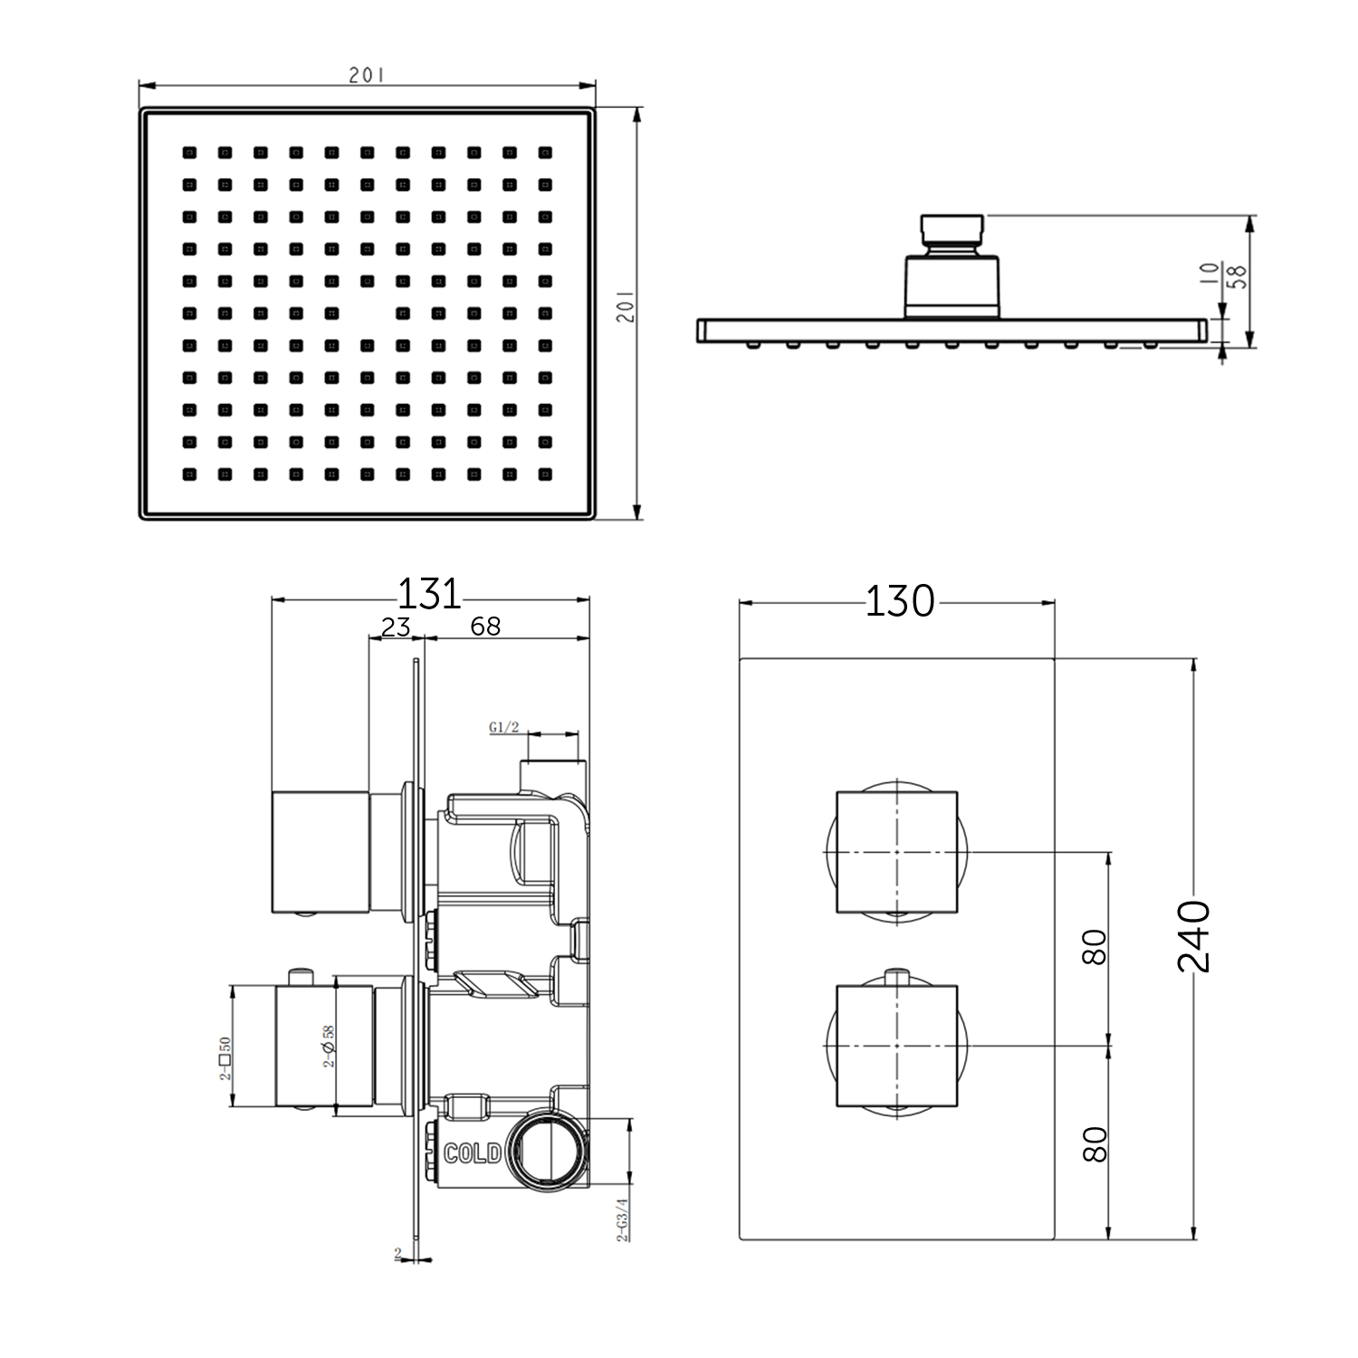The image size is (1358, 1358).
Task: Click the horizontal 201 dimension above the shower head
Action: click(x=367, y=75)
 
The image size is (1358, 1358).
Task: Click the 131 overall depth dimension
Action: click(x=429, y=595)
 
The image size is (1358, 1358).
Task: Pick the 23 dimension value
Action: click(x=396, y=626)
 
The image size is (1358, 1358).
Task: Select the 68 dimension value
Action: click(x=485, y=626)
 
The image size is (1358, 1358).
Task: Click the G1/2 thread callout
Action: click(x=503, y=727)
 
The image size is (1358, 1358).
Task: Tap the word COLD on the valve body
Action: click(x=472, y=1152)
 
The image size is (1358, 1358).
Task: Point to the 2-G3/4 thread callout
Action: click(x=622, y=1219)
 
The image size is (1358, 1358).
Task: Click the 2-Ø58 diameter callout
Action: click(x=329, y=1046)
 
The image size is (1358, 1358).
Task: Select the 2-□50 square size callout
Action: click(x=225, y=1058)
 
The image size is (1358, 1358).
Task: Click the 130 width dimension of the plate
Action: click(x=899, y=601)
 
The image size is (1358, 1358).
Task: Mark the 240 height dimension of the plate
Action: click(x=1194, y=936)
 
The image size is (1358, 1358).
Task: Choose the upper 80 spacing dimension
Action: click(x=1095, y=947)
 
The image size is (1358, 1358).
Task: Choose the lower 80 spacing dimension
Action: click(x=1095, y=1144)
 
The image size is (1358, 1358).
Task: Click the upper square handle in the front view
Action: click(x=896, y=852)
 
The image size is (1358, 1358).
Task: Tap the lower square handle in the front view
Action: click(x=896, y=1046)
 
